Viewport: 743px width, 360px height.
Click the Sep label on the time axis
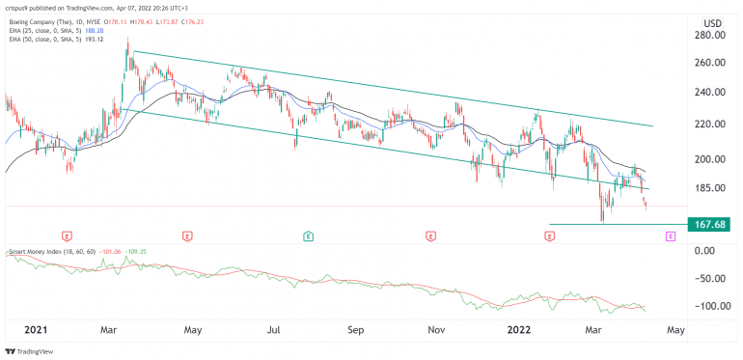[x=356, y=329]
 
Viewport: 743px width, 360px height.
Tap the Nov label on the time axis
[x=437, y=329]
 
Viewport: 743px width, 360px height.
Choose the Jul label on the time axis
[x=275, y=329]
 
